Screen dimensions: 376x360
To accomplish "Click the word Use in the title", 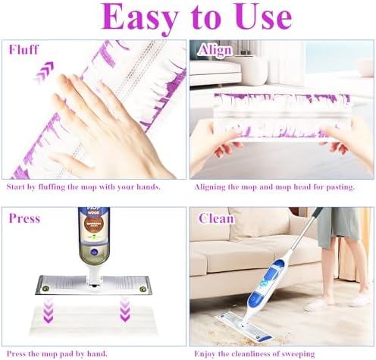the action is [264, 17].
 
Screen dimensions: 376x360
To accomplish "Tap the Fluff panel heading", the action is [23, 49].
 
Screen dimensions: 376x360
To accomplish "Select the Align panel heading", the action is [215, 50].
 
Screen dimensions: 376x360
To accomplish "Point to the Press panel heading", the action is [24, 218].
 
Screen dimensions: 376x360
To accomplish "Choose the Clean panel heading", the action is [216, 218].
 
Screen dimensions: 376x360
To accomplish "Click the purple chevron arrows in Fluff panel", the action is [44, 72].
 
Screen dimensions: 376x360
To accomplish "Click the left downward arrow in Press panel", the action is [48, 310].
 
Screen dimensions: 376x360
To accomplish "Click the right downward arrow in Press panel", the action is [124, 309].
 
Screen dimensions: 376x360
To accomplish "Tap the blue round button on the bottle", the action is [94, 252].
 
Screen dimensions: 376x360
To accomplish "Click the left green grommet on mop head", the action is [45, 288].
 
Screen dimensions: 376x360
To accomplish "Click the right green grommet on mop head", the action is [143, 289].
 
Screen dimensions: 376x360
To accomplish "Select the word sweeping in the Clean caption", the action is [299, 354].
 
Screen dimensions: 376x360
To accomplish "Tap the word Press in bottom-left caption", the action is [16, 354].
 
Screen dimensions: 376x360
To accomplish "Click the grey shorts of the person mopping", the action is [338, 226].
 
